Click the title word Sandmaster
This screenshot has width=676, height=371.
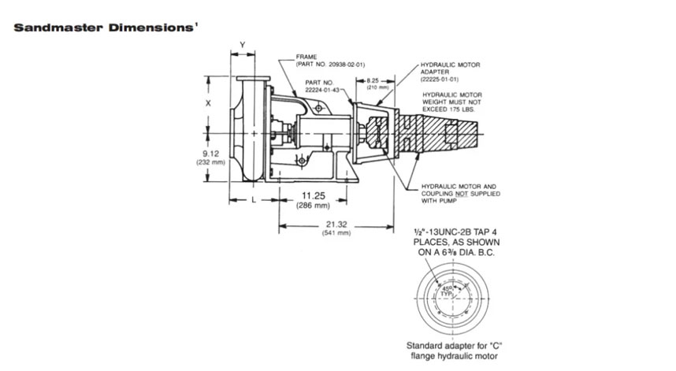(x=50, y=27)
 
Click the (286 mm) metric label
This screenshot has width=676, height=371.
(x=314, y=206)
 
